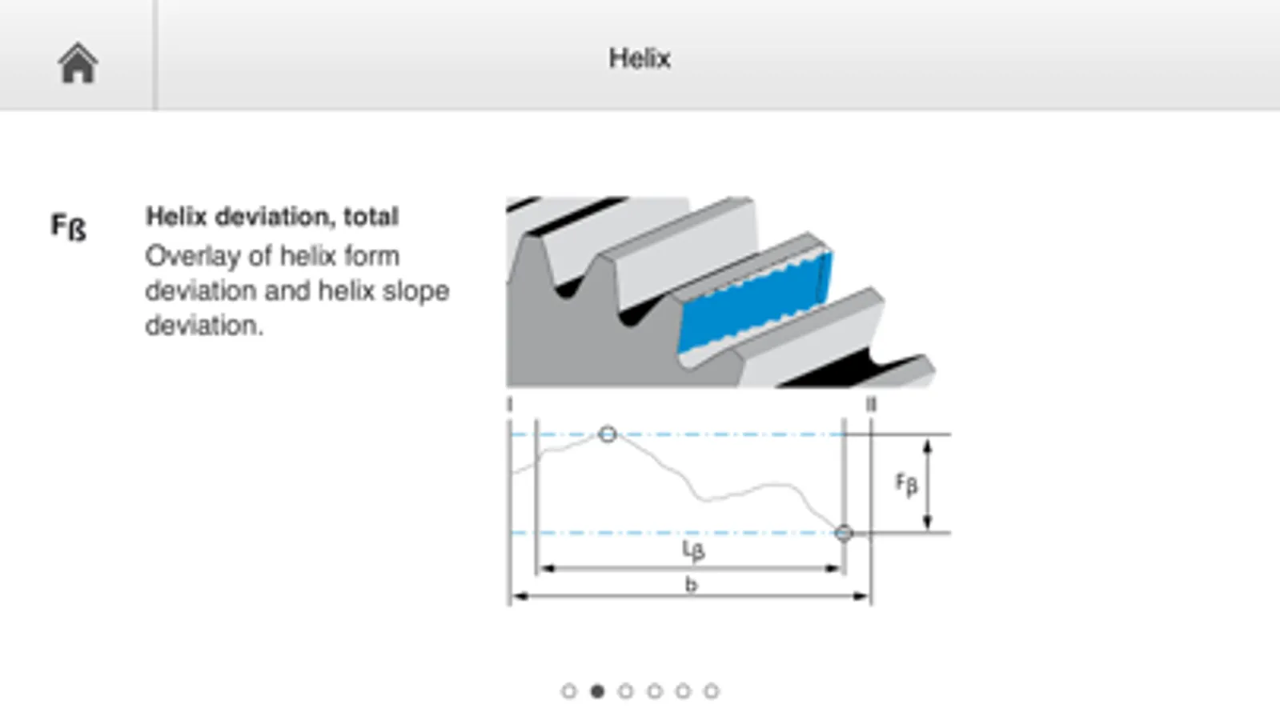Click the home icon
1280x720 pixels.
[78, 63]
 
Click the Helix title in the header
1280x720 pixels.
[640, 58]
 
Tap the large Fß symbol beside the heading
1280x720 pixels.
[69, 226]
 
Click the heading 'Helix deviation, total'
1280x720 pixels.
[272, 216]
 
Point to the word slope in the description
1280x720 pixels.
[416, 292]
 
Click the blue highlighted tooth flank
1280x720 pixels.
[754, 302]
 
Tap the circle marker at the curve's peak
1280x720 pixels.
[608, 434]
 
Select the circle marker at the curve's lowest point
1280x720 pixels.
[844, 534]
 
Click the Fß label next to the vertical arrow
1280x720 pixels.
[906, 484]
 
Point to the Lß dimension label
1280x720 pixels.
[694, 550]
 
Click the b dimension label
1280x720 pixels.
[692, 585]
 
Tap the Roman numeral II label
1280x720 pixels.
[871, 405]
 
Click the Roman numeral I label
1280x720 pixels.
[510, 405]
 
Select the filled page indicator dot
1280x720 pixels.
[597, 691]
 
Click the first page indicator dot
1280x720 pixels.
[568, 691]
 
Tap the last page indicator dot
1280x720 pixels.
[712, 691]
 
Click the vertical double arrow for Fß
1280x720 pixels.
[928, 484]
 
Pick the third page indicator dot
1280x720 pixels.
[626, 691]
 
